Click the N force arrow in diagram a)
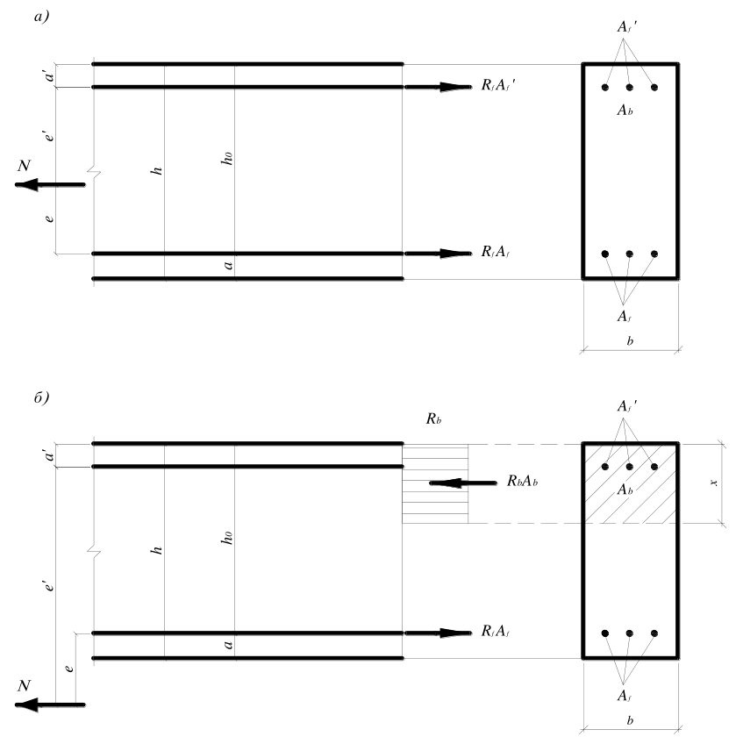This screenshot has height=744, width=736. [x=50, y=184]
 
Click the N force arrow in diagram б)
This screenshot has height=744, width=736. [x=50, y=705]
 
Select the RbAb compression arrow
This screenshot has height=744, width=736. [x=462, y=483]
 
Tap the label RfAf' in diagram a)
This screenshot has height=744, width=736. [x=498, y=85]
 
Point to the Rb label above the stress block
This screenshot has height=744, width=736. [x=433, y=418]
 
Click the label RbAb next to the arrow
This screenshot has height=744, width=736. [x=522, y=481]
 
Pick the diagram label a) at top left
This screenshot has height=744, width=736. [x=42, y=17]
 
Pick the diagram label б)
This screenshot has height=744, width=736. [x=42, y=397]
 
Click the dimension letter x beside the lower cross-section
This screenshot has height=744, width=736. [x=714, y=483]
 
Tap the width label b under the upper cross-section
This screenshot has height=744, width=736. [x=630, y=341]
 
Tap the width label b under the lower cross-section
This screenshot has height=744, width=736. [x=630, y=721]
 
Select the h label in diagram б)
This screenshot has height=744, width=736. [x=157, y=550]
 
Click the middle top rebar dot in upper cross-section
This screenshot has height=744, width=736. [x=630, y=88]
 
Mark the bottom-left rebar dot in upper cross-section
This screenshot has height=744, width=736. [x=605, y=254]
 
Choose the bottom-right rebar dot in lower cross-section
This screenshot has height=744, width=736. [x=654, y=633]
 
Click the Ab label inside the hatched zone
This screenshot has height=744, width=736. [x=625, y=490]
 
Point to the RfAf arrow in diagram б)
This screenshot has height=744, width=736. [x=438, y=633]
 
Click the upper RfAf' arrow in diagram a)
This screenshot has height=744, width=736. [x=438, y=87]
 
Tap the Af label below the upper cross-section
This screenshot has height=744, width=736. [x=624, y=316]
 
